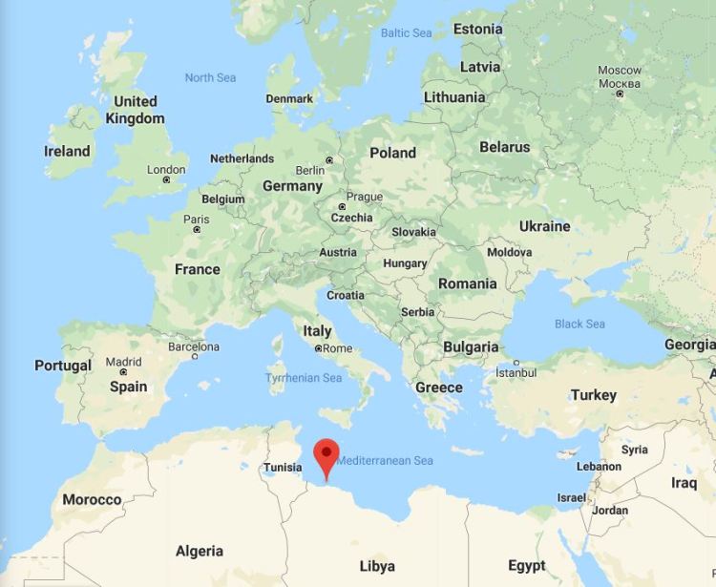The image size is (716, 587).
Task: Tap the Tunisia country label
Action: [283, 467]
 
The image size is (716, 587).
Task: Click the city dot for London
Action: [167, 179]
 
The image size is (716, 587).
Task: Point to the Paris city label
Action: [196, 219]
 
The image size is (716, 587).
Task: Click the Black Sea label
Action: [579, 324]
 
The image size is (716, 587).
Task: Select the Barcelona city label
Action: [194, 346]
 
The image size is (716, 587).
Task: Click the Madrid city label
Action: [123, 362]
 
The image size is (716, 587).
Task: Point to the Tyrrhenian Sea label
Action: [304, 378]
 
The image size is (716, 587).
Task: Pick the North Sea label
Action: [210, 77]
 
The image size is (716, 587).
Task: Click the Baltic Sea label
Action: [407, 32]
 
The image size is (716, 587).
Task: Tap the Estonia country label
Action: [477, 29]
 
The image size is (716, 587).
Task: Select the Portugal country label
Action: [63, 366]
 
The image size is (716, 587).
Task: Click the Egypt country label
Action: [527, 565]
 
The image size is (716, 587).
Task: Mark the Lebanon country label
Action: [599, 467]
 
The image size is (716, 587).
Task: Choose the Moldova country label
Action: [509, 253]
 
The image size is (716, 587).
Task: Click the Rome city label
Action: [338, 348]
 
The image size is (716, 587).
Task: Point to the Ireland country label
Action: [67, 151]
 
